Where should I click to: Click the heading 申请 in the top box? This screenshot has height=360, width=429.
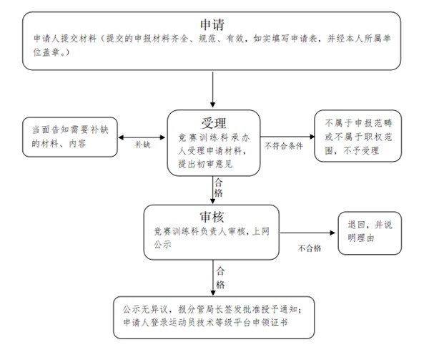click(x=212, y=24)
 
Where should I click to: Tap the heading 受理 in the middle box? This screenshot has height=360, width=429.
click(x=214, y=123)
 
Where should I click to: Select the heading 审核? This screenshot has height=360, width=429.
click(x=212, y=217)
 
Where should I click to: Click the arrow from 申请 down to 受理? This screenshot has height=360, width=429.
click(x=212, y=89)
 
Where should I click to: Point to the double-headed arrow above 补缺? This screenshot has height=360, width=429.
click(x=142, y=137)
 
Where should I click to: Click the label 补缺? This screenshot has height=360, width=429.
click(x=142, y=145)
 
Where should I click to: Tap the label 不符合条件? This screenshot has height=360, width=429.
click(x=284, y=146)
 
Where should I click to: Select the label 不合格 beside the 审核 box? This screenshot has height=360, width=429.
click(x=310, y=248)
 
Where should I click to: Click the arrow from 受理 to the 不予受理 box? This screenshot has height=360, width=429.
click(x=287, y=136)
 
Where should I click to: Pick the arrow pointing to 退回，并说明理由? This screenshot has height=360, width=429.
click(x=307, y=233)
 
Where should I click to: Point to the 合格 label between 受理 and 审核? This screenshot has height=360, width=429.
click(x=218, y=188)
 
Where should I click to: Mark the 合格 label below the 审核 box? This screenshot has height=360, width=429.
click(x=220, y=278)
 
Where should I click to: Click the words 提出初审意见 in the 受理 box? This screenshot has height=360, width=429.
click(x=205, y=164)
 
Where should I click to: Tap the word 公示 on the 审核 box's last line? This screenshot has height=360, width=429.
click(x=162, y=244)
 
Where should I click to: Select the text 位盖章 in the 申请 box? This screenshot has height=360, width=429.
click(x=46, y=52)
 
